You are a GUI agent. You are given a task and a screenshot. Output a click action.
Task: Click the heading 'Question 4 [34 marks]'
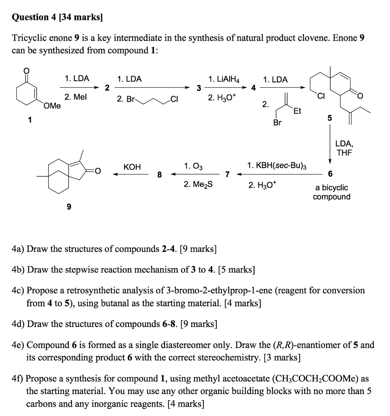pos(57,17)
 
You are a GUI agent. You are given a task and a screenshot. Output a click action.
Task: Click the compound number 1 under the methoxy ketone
pos(28,120)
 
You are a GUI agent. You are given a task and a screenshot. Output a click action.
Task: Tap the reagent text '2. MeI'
pos(76,97)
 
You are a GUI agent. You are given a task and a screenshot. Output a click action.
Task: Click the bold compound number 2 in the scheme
pos(107,88)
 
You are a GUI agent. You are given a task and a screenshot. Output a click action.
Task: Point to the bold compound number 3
pos(198,88)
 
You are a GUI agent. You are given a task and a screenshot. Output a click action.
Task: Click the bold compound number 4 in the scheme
pos(254,88)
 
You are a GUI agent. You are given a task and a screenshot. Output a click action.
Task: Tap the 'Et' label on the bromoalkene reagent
pos(297,111)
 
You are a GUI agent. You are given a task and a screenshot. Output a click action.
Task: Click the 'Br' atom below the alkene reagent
pos(277,123)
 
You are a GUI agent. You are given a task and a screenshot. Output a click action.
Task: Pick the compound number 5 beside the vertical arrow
pos(330,118)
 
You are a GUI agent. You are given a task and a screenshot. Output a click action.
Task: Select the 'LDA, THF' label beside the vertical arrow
pos(344,148)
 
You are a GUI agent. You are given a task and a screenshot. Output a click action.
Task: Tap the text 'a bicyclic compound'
pos(331,192)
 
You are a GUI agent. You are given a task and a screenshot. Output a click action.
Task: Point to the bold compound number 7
pos(227,175)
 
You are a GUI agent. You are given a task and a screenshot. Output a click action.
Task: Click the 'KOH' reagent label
pos(132,167)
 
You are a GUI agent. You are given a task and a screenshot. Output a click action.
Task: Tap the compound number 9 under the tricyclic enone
pos(69,207)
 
